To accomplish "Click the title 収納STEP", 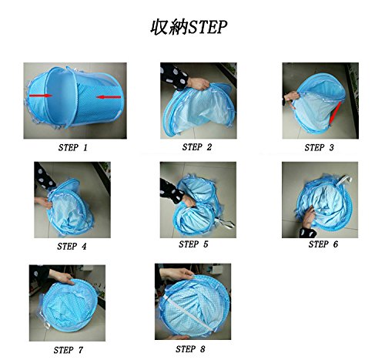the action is (189, 27).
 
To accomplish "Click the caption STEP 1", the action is (73, 147).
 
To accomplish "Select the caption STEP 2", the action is (197, 147).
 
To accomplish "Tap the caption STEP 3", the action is (319, 147).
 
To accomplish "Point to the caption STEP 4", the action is (72, 247).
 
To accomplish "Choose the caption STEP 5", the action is (193, 244).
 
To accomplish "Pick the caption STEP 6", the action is (323, 244).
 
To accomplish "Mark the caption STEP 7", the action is (69, 350).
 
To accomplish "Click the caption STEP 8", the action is (190, 349).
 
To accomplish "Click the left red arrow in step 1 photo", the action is (41, 96).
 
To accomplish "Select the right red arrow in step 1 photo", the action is (109, 97).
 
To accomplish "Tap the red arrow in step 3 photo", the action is (335, 113).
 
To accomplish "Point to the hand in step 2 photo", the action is (198, 83).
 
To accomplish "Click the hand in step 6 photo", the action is (309, 217).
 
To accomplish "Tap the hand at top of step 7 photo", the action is (62, 277).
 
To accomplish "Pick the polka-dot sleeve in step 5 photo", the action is (172, 191).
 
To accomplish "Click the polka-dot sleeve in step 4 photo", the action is (44, 176).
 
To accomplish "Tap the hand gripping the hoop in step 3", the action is (291, 98).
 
